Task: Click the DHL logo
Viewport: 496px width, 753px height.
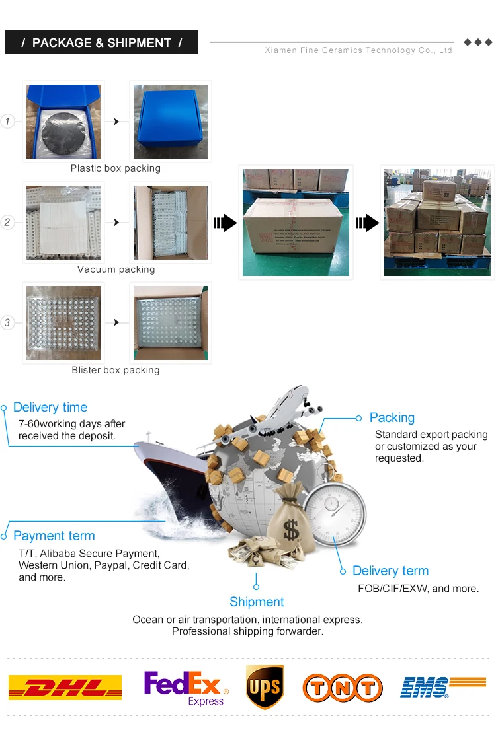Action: pyautogui.click(x=65, y=688)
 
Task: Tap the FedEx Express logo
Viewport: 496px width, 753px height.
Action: pyautogui.click(x=186, y=687)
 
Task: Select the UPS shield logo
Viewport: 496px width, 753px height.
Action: pyautogui.click(x=265, y=687)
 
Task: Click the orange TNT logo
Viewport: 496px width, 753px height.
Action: pyautogui.click(x=343, y=688)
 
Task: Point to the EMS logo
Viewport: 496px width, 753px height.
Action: pyautogui.click(x=442, y=687)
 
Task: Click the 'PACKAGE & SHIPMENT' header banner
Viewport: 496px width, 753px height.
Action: pyautogui.click(x=102, y=43)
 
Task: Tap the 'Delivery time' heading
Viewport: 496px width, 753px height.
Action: pyautogui.click(x=50, y=408)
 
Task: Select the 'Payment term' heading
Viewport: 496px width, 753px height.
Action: pyautogui.click(x=54, y=536)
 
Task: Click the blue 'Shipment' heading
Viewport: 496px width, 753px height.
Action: pyautogui.click(x=257, y=602)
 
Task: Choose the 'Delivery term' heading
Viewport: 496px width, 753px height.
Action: pyautogui.click(x=390, y=571)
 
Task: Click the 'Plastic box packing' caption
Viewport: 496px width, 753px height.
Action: pyautogui.click(x=116, y=168)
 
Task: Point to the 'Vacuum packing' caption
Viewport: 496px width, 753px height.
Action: pyautogui.click(x=116, y=269)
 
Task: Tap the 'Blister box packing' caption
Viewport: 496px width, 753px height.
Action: pyautogui.click(x=116, y=370)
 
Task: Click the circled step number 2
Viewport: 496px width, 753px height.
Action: pyautogui.click(x=7, y=222)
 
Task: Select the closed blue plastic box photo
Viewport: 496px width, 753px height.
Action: pyautogui.click(x=171, y=122)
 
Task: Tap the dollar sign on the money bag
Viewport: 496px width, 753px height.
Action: pyautogui.click(x=290, y=528)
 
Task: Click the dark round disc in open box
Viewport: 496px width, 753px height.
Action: pyautogui.click(x=64, y=131)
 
